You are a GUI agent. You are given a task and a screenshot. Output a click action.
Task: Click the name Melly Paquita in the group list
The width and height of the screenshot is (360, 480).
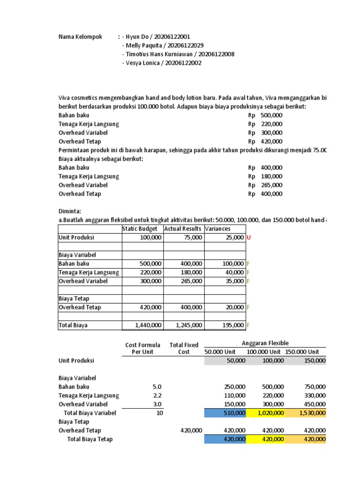click(x=142, y=45)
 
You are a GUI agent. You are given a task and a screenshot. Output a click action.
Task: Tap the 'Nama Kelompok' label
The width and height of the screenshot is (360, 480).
click(x=80, y=37)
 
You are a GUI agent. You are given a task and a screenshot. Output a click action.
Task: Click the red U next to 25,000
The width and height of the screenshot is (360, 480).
click(x=248, y=238)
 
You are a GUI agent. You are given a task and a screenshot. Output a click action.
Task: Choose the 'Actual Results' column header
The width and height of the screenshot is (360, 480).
click(x=183, y=229)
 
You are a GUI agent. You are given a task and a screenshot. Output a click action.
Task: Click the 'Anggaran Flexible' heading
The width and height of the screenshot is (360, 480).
click(x=265, y=343)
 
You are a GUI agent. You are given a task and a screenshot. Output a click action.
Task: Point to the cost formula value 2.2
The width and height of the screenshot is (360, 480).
click(x=157, y=396)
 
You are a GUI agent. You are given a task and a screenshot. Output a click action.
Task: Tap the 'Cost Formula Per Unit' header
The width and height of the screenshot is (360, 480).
click(x=142, y=348)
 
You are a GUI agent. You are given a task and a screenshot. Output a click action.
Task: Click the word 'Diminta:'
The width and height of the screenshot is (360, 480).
click(x=70, y=211)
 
